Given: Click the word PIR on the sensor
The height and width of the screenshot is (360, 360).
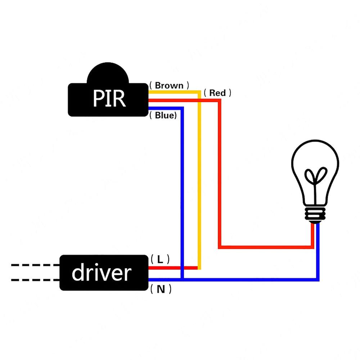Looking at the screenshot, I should coord(109,99).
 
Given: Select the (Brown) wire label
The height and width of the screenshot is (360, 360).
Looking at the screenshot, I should coord(169,86).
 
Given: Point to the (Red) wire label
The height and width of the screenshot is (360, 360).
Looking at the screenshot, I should coord(217,93).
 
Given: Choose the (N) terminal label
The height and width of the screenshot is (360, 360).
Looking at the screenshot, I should coord(161,289).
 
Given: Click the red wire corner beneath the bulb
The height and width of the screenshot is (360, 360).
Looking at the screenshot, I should coord(312,247).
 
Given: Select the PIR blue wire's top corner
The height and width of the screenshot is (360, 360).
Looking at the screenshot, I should coord(182,108).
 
